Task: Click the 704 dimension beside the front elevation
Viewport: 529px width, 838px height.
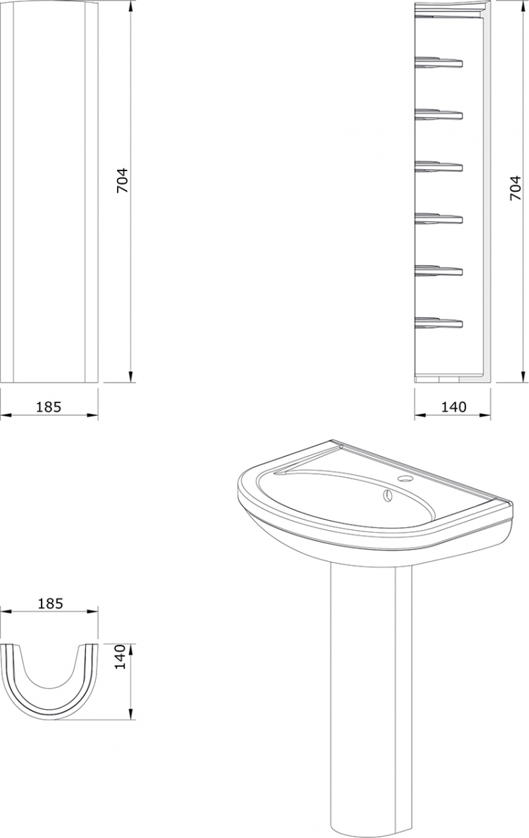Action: coord(123,180)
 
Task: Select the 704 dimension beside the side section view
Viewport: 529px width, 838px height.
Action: coord(515,188)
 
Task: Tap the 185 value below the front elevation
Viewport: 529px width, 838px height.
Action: coord(49,407)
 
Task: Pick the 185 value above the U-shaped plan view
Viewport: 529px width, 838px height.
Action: coord(51,603)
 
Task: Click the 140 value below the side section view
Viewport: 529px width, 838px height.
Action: coord(454,407)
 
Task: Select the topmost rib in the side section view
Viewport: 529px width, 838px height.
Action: coord(439,62)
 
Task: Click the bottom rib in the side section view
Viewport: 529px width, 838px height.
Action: coord(439,321)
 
